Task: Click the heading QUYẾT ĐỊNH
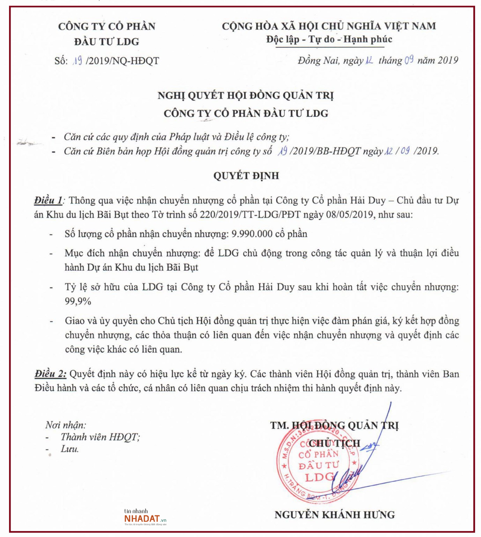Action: [x=246, y=176]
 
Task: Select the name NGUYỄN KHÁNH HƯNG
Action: [x=334, y=515]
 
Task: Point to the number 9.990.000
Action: [x=252, y=234]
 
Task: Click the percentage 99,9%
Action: [x=78, y=301]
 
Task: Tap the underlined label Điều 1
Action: [x=48, y=201]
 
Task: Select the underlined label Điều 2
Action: [x=50, y=374]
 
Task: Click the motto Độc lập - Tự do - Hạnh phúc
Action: [x=329, y=39]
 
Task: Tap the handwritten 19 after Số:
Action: [x=78, y=60]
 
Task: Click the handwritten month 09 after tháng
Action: [x=409, y=60]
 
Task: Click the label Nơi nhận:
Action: [x=66, y=425]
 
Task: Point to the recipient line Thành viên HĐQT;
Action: [x=100, y=437]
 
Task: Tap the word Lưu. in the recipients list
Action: [x=70, y=449]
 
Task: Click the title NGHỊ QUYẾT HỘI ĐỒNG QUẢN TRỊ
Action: [x=245, y=95]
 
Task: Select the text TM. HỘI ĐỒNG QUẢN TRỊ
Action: [x=334, y=425]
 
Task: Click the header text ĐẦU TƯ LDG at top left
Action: [x=107, y=42]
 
